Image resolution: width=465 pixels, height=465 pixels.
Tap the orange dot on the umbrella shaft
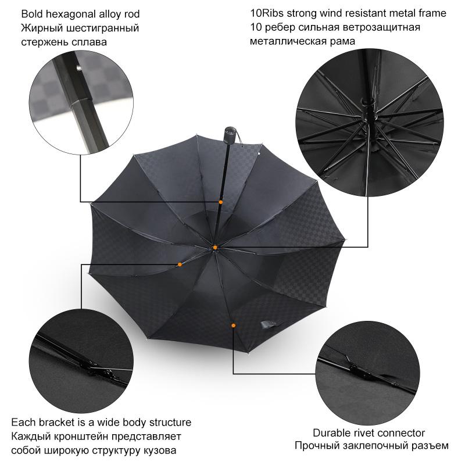click(221, 202)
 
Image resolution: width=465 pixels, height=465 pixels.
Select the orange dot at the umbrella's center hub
click(214, 248)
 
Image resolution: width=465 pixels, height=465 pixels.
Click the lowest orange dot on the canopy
click(234, 325)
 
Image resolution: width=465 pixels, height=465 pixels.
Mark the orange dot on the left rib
click(180, 264)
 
